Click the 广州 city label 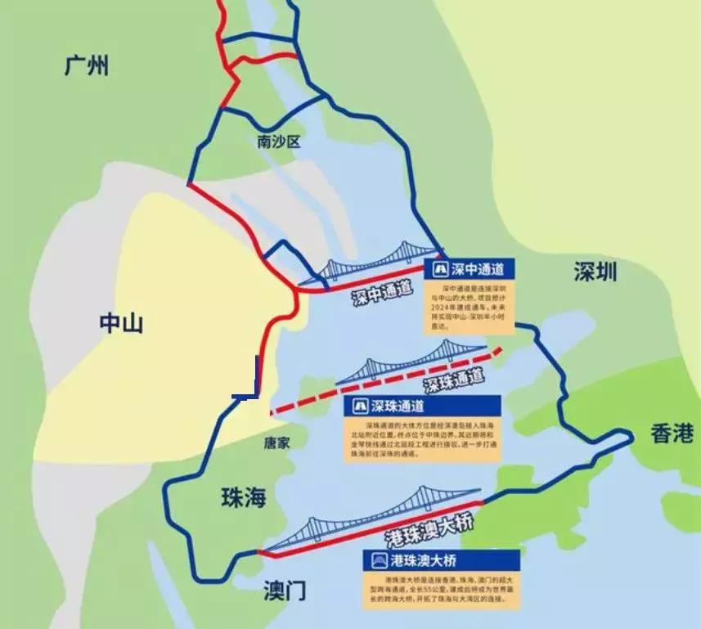(x=86, y=66)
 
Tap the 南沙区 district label (x=279, y=142)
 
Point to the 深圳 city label (x=595, y=272)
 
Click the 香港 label (x=672, y=434)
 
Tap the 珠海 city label (x=244, y=496)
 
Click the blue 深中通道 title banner (x=470, y=269)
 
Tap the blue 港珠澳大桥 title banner (x=442, y=560)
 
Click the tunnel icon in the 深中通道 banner (x=438, y=269)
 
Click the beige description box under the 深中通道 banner (x=470, y=306)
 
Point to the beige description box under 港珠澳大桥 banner (x=442, y=590)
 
